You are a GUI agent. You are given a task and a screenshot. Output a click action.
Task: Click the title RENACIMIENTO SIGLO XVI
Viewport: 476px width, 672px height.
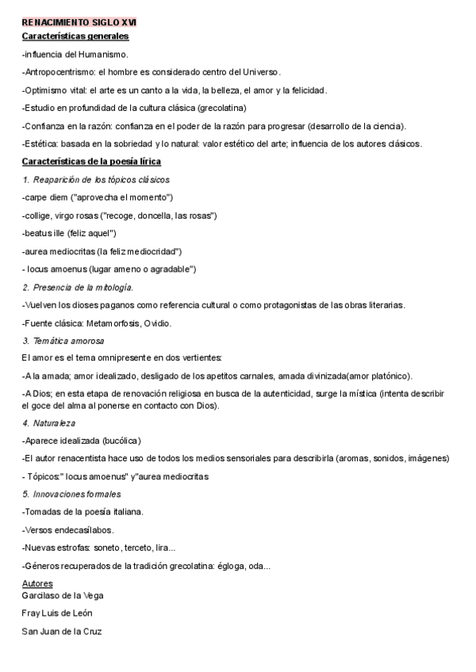coord(79,24)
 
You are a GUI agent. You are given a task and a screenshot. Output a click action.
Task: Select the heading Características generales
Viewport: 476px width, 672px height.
coord(75,36)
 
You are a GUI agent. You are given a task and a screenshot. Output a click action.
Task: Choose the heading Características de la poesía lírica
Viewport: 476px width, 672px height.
coord(91,162)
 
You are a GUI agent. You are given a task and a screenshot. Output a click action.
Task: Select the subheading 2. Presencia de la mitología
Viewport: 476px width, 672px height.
coord(78,287)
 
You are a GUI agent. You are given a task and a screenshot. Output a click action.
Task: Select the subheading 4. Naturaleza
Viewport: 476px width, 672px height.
coord(48,423)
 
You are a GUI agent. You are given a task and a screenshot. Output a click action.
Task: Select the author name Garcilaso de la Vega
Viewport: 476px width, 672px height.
coord(63,595)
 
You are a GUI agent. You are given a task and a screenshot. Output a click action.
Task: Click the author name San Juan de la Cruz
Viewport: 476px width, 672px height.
coord(62,632)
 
